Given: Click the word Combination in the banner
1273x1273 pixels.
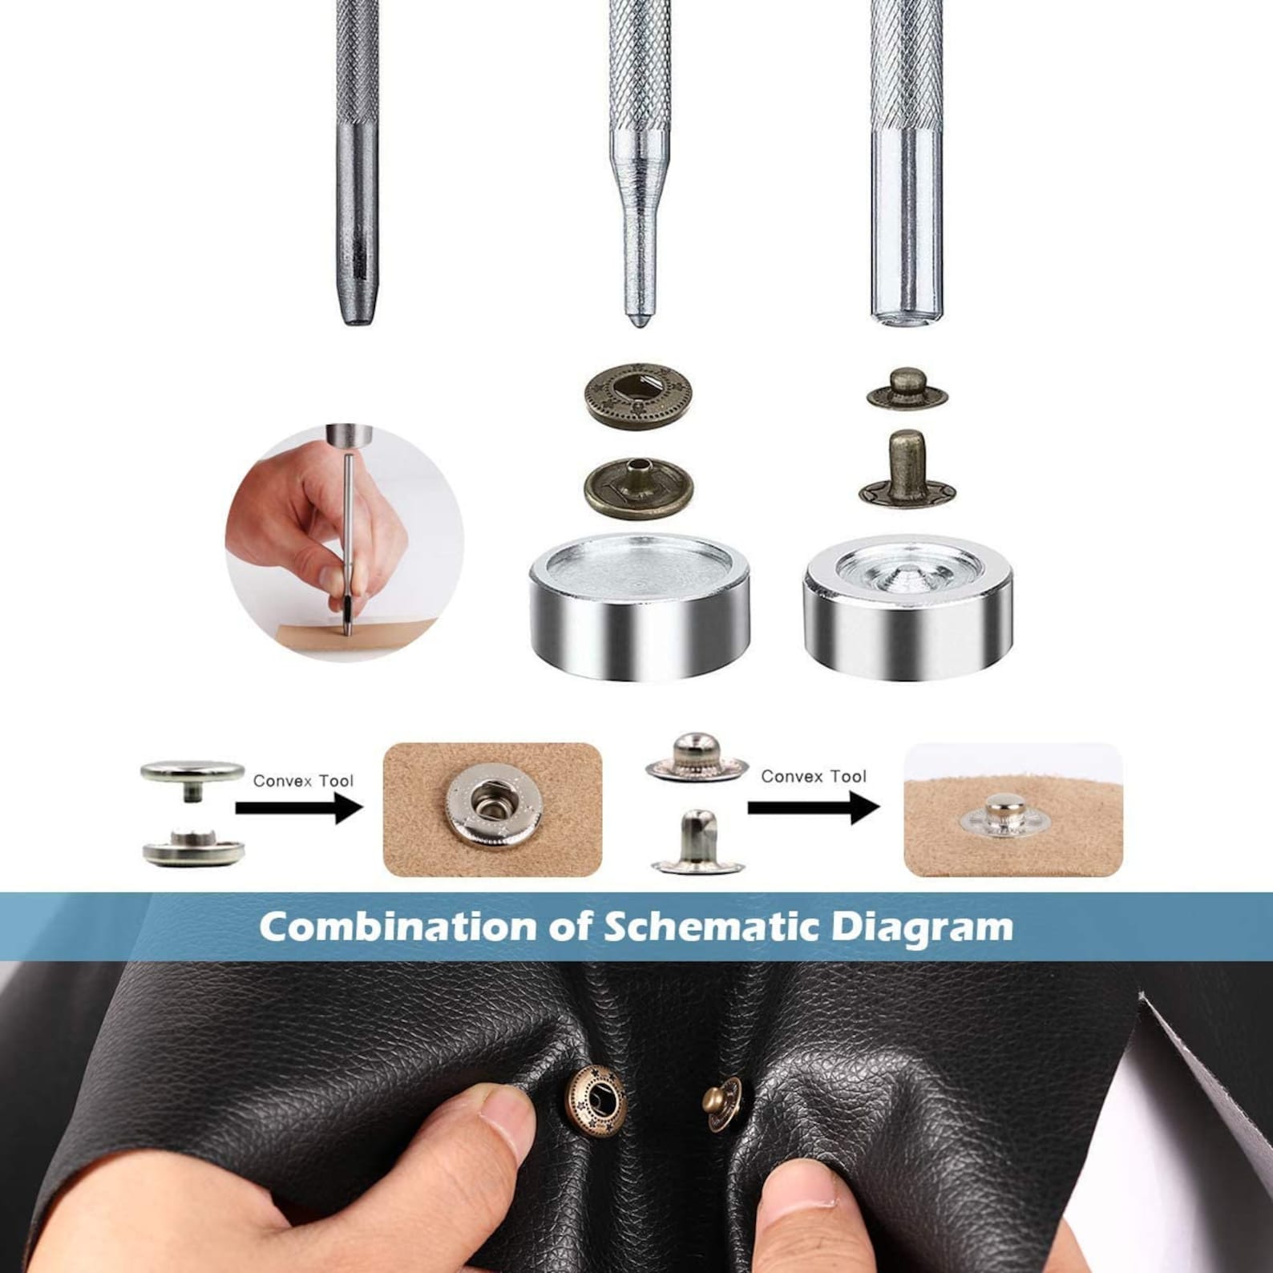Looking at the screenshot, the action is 398,927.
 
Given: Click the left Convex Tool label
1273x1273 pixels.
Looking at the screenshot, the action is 303,781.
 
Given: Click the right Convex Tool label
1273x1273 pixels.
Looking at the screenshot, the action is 814,776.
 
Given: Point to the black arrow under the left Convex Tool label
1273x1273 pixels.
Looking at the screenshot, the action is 299,807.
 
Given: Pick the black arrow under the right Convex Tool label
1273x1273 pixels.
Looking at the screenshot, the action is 814,806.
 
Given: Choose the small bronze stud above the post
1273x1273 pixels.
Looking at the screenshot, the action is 907,388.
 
